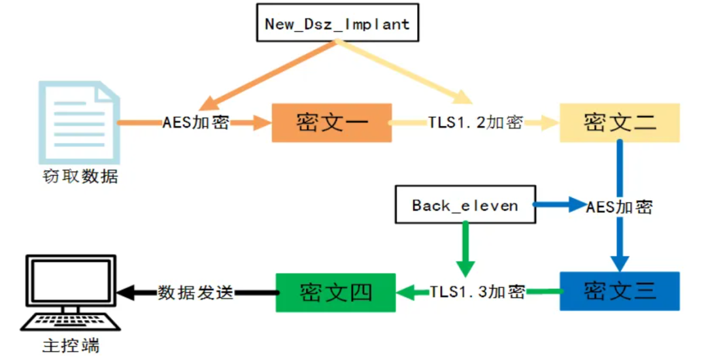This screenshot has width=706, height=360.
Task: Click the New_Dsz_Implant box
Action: tap(338, 23)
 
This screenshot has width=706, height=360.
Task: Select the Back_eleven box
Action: tap(465, 205)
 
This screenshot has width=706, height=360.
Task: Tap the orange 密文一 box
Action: tap(332, 123)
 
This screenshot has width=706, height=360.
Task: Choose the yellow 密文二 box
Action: tap(620, 123)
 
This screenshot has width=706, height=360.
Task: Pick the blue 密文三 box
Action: tap(620, 291)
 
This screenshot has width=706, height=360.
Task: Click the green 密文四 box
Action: tap(336, 293)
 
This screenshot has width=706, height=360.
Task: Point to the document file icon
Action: tap(79, 122)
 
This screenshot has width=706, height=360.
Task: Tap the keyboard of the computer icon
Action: tap(71, 322)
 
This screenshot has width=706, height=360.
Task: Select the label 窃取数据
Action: tap(80, 176)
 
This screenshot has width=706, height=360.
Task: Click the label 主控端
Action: tap(71, 346)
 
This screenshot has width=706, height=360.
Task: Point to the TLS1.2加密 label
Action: tap(475, 122)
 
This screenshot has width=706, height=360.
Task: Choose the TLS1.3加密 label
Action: tap(477, 291)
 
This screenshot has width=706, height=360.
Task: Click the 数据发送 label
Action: tap(196, 293)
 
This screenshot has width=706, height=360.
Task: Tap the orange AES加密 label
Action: tap(196, 122)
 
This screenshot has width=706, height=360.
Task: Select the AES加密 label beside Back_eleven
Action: tap(620, 207)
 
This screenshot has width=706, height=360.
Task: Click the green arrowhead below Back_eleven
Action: tap(465, 269)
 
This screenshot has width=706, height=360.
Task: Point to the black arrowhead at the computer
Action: tap(126, 293)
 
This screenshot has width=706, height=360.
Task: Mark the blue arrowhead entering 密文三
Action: tap(620, 264)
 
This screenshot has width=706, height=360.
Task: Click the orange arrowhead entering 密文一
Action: tap(263, 122)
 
